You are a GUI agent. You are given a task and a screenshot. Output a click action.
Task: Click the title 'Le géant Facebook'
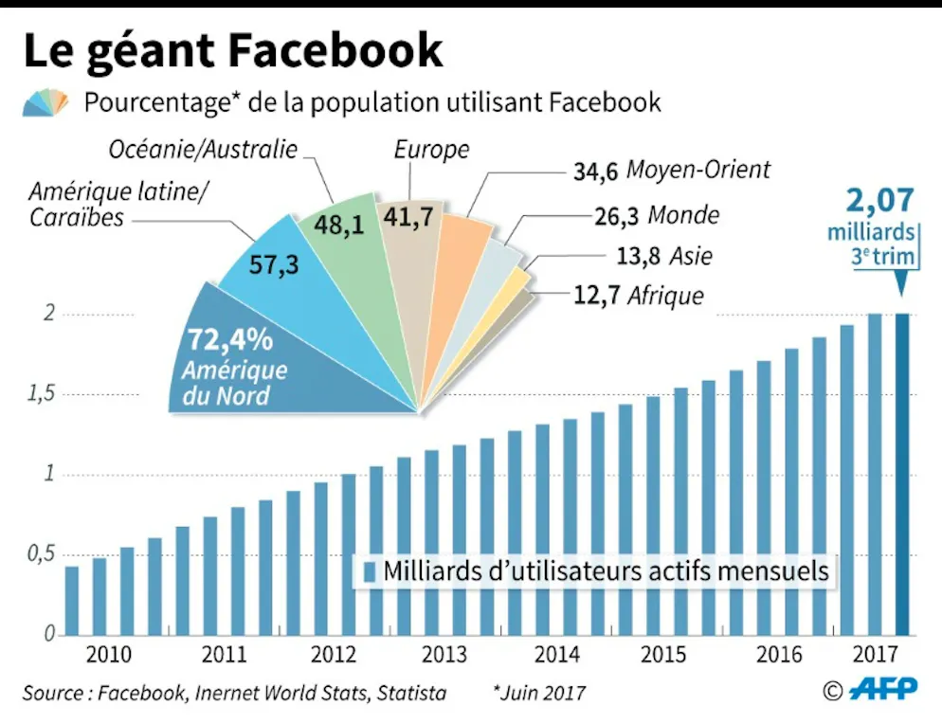tap(232, 49)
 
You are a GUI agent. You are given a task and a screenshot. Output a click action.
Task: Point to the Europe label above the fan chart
tap(430, 150)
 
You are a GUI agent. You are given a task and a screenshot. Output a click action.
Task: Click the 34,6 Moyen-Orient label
tap(671, 172)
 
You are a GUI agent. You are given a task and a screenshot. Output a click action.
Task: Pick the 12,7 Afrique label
tap(639, 296)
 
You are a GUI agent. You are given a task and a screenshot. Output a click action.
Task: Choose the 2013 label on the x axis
tap(444, 654)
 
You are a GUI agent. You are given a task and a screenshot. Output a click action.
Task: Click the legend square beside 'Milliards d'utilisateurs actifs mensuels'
tap(370, 572)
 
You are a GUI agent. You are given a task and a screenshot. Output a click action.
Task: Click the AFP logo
tap(881, 689)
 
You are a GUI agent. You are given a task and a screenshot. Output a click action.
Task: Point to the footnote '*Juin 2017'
tap(538, 693)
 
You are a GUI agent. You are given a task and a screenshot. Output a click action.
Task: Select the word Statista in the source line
tap(411, 693)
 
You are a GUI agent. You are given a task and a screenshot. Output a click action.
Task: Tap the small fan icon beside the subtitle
tap(46, 101)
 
